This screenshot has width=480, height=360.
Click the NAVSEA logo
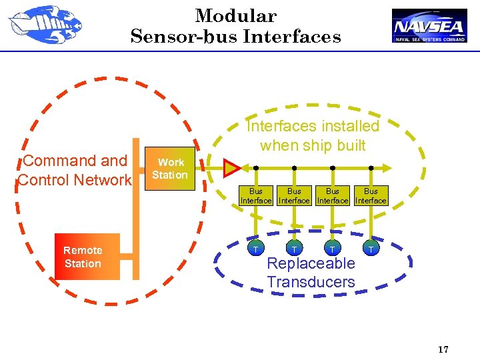(429, 26)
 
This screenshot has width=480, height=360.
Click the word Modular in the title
(235, 16)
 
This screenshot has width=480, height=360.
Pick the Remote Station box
(83, 257)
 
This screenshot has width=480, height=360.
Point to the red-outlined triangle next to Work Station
(231, 167)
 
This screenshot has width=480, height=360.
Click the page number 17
(443, 350)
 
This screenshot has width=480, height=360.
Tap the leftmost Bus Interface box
(256, 195)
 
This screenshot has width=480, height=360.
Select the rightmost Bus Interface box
(371, 195)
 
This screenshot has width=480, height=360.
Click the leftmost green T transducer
(255, 249)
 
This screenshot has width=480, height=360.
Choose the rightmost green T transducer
(371, 249)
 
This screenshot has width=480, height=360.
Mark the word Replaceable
(311, 263)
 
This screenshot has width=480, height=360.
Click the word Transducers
(311, 282)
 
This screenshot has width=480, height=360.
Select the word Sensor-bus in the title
(184, 37)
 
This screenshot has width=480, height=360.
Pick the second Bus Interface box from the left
(294, 195)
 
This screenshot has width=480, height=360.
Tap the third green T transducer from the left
(332, 249)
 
